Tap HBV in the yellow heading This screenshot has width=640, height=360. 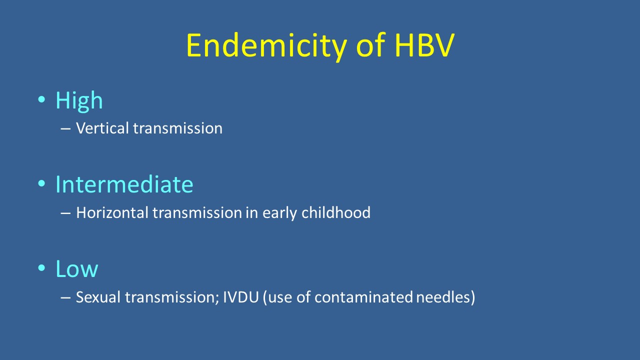tap(425, 45)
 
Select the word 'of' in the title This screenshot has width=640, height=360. tap(371, 44)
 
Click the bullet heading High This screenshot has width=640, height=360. tap(79, 101)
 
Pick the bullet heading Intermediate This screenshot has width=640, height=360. tap(124, 184)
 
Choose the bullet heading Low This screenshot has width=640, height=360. tap(77, 269)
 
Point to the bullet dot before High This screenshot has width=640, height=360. tap(41, 99)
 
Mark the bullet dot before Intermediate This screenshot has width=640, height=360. tap(41, 183)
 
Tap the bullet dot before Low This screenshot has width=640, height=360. tap(41, 267)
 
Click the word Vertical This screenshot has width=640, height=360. tap(102, 128)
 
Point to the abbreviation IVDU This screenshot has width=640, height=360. tap(241, 297)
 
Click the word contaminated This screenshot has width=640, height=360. tap(363, 297)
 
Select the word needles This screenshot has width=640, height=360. tap(443, 297)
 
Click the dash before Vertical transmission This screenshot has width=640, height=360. tap(65, 129)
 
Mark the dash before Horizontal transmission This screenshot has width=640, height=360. tap(65, 213)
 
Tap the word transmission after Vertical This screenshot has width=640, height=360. tap(177, 128)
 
